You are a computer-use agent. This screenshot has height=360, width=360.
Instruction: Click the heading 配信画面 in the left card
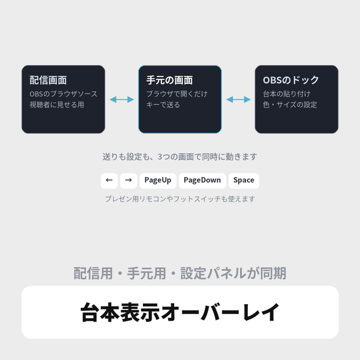point(48,80)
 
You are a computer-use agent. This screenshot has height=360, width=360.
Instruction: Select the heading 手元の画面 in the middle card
point(170,80)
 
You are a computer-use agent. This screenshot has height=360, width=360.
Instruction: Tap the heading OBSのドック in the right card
point(291,80)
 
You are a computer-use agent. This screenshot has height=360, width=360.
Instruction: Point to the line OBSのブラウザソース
point(63,94)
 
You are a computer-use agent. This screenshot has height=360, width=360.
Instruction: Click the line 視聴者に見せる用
point(57,105)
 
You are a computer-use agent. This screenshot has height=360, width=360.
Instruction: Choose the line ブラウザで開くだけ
point(177,94)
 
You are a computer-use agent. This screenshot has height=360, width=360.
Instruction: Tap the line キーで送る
point(163,105)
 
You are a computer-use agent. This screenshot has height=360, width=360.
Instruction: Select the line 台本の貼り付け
point(286,94)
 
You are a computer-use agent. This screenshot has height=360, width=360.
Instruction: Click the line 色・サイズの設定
point(290,105)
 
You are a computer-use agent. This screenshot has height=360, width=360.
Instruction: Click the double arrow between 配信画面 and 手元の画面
point(122,99)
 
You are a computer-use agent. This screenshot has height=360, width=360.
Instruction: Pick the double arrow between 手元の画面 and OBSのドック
point(238,99)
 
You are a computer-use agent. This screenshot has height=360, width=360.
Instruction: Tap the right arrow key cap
point(128,181)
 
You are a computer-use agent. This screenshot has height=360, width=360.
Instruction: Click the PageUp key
point(158,181)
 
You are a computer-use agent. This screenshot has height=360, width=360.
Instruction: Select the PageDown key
point(202,181)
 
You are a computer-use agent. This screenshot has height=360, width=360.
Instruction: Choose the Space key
point(244,181)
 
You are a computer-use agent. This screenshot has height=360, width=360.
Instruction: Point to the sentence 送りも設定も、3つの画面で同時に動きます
point(180,157)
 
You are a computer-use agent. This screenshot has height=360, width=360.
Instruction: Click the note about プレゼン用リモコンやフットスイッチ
point(180,199)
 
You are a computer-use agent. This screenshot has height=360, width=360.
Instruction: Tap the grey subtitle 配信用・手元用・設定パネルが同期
point(180,273)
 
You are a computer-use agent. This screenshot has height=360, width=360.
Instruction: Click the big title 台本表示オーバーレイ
point(180,312)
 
